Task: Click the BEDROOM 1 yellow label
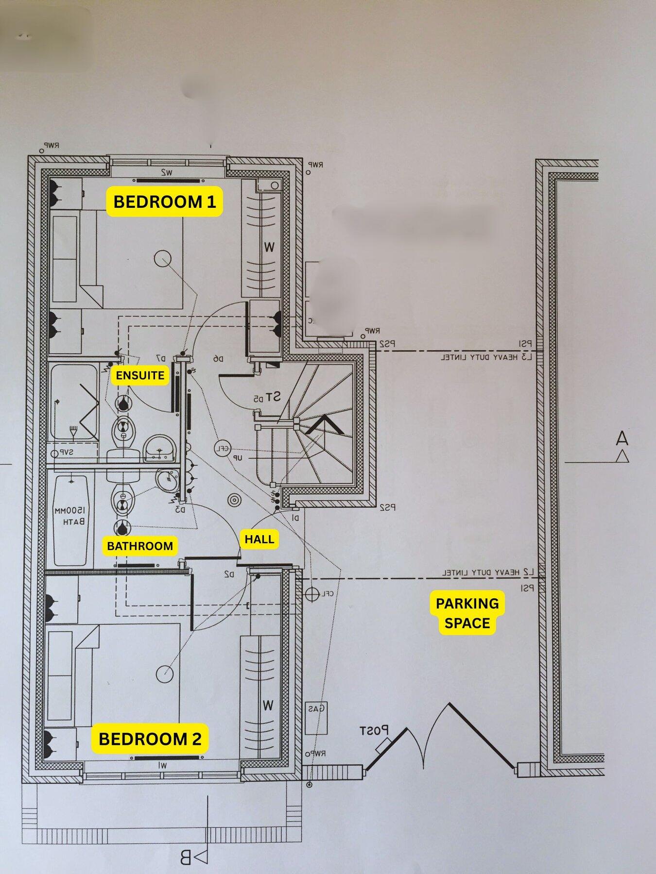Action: tap(164, 202)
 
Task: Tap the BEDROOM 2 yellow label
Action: tap(150, 739)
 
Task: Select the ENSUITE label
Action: tap(140, 375)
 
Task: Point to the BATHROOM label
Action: tap(140, 546)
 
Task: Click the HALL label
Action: tap(259, 539)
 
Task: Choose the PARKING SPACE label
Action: tap(467, 613)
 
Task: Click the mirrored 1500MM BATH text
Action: tap(70, 516)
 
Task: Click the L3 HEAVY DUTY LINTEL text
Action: tap(487, 358)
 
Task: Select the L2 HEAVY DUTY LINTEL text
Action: tap(487, 572)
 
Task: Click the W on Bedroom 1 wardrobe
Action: tap(269, 247)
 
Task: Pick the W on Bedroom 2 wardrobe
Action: tap(268, 705)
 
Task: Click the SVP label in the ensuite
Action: tap(65, 452)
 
